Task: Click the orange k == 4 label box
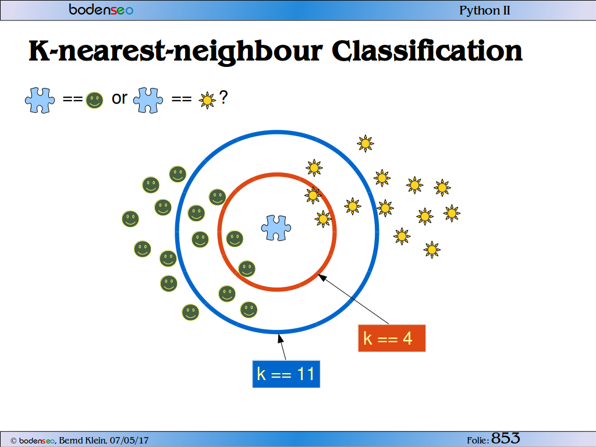(x=392, y=338)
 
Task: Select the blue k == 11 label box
(x=286, y=374)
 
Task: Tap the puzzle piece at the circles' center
(x=276, y=228)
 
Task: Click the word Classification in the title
(x=427, y=51)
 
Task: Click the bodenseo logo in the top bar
(x=101, y=9)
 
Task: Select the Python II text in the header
(x=485, y=10)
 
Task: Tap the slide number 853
(x=506, y=438)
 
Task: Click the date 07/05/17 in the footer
(x=129, y=440)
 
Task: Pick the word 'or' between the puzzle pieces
(x=119, y=98)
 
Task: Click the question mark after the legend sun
(x=223, y=97)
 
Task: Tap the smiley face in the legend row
(x=94, y=100)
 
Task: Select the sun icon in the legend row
(x=207, y=100)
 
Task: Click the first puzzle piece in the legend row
(x=40, y=100)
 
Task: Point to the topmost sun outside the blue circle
(x=366, y=143)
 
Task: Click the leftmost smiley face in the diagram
(x=130, y=219)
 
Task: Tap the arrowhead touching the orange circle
(x=321, y=277)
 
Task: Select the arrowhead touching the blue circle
(x=281, y=338)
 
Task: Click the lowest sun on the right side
(x=432, y=250)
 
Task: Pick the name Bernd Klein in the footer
(x=83, y=440)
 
